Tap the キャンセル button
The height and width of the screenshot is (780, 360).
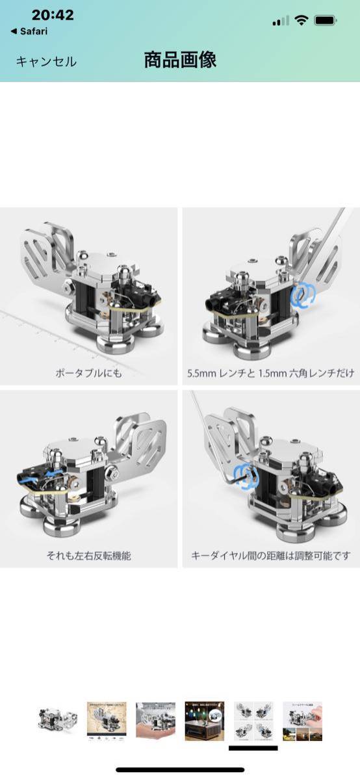click(46, 62)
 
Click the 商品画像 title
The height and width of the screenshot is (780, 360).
click(180, 60)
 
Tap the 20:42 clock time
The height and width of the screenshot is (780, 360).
click(53, 15)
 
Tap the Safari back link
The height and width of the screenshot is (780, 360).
click(29, 31)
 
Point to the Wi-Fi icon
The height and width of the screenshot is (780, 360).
click(300, 20)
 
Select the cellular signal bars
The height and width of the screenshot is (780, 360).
click(281, 21)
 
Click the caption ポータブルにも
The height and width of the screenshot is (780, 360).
click(89, 374)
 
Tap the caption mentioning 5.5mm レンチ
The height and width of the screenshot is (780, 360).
click(270, 374)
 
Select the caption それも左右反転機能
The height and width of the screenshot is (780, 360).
click(89, 556)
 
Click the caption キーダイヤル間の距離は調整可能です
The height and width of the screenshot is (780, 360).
click(270, 556)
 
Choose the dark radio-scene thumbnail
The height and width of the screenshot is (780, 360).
click(204, 720)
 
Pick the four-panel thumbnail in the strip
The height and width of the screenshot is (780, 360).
click(253, 720)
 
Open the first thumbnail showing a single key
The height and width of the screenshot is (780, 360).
click(57, 720)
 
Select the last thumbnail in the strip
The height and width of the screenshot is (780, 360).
click(302, 720)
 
